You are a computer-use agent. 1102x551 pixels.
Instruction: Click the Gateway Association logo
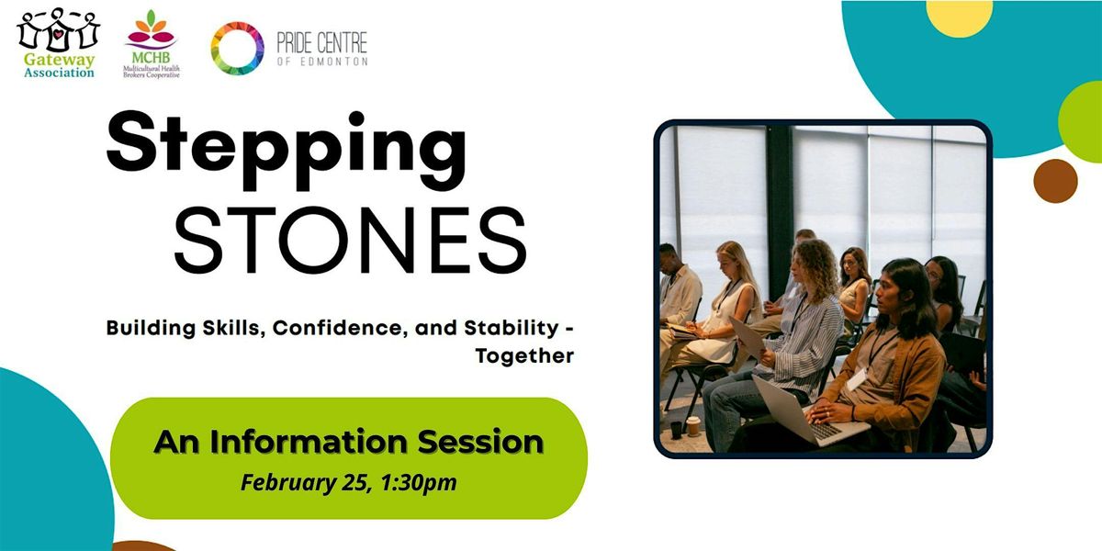pos(59,43)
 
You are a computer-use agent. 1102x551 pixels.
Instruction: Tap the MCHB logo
pos(152,44)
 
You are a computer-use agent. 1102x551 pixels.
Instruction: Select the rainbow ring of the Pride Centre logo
pos(237,48)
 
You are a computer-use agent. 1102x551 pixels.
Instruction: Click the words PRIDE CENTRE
pos(322,43)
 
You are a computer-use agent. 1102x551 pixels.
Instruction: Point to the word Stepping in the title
pos(286,151)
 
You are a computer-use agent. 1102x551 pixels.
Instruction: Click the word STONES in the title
pos(351,240)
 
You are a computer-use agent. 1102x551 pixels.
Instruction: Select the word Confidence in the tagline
pos(340,328)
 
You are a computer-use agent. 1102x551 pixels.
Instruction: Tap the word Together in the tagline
pos(524,356)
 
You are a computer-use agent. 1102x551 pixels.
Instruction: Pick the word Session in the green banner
pos(480,442)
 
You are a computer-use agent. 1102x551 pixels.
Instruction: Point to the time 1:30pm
pos(419,483)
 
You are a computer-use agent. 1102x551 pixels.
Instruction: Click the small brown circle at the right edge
pos(1056,181)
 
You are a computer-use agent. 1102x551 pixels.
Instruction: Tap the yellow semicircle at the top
pos(960,17)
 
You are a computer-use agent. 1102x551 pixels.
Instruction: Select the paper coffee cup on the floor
pos(693,426)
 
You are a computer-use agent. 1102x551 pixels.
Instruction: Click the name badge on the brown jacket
pos(857,378)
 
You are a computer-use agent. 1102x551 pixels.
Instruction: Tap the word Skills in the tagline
pos(234,328)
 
